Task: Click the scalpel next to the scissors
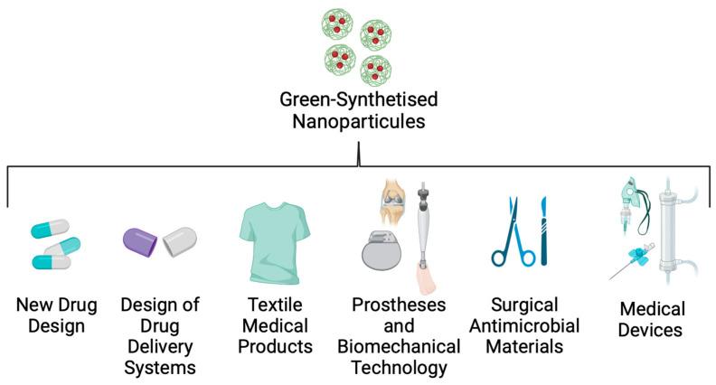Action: click(x=543, y=231)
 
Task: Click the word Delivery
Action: click(x=160, y=347)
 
